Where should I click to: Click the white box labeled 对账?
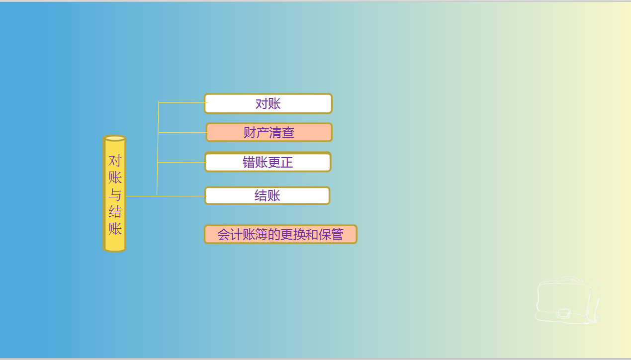tap(268, 103)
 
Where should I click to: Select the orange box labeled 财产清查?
tap(269, 132)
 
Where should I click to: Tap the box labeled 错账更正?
tap(268, 162)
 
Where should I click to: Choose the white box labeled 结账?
tap(268, 195)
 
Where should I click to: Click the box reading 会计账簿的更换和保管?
tap(280, 234)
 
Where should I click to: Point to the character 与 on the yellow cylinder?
tap(115, 194)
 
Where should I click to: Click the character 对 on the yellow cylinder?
tap(115, 161)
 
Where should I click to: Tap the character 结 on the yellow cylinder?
tap(115, 212)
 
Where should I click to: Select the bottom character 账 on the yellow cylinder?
tap(115, 229)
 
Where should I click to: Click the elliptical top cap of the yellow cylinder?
tap(115, 138)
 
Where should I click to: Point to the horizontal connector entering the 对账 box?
tap(181, 102)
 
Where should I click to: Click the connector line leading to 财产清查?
tap(182, 132)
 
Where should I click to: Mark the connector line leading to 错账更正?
tap(181, 162)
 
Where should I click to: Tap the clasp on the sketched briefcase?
tap(563, 313)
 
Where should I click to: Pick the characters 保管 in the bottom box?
tap(331, 234)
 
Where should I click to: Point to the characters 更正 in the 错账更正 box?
tap(280, 162)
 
